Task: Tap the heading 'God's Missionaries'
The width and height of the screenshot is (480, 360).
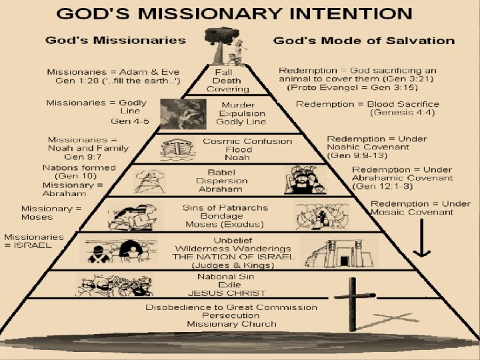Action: [115, 40]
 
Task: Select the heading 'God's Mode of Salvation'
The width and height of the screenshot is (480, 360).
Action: [364, 41]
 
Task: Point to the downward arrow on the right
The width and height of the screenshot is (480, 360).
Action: [421, 238]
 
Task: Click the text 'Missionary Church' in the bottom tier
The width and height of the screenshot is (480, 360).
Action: [231, 325]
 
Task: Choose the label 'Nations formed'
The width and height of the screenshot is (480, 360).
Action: [79, 167]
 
